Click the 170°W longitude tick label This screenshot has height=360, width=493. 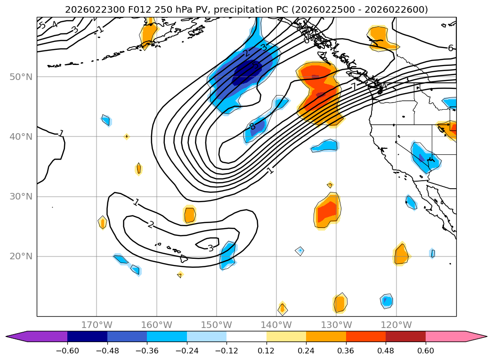tap(97, 325)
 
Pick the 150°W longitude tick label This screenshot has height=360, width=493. tap(217, 325)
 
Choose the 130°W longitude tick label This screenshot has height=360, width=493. tap(336, 325)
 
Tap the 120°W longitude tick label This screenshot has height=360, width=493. tap(396, 325)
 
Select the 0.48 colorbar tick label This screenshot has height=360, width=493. tap(386, 350)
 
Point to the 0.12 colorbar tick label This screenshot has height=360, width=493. tap(266, 350)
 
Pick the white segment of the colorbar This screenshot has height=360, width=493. tap(246, 336)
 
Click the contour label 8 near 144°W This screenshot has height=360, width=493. tap(252, 126)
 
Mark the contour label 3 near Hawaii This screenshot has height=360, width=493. tap(210, 248)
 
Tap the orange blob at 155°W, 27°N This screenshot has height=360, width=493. tap(189, 215)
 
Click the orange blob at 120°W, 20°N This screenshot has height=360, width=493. tap(401, 255)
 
